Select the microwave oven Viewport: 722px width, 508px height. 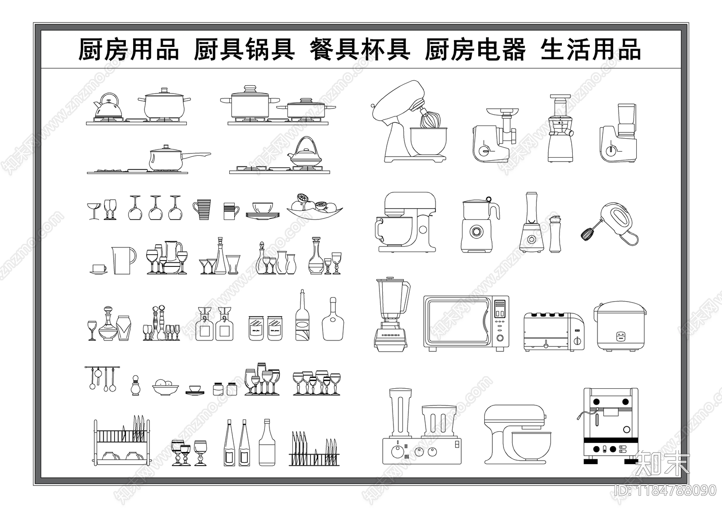coord(466,323)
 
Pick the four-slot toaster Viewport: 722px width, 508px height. coord(553,332)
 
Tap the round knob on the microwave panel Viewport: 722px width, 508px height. coord(500,338)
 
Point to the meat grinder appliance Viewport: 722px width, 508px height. coord(494,135)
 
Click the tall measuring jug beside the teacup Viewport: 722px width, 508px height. coord(123,260)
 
